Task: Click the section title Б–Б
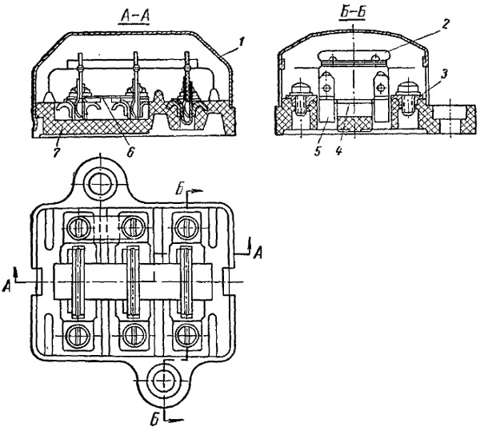pyautogui.click(x=352, y=13)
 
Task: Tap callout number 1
pyautogui.click(x=242, y=42)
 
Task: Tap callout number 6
pyautogui.click(x=130, y=152)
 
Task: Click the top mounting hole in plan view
pyautogui.click(x=101, y=184)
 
